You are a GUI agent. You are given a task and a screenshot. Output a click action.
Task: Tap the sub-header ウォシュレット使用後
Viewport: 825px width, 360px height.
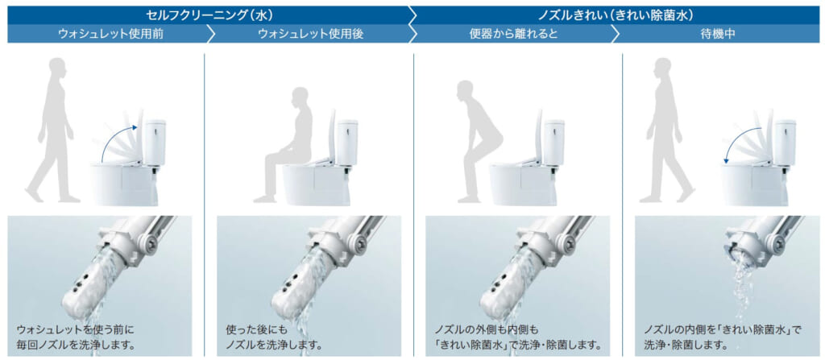[x=310, y=34]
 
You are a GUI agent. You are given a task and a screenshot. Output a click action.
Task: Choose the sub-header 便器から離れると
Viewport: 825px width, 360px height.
[x=513, y=34]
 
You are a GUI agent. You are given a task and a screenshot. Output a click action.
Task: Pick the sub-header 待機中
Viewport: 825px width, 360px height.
[x=718, y=34]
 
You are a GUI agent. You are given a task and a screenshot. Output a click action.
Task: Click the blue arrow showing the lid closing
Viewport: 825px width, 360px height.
[x=740, y=140]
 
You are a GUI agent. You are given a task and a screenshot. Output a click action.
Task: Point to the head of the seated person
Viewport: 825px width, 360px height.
[x=300, y=98]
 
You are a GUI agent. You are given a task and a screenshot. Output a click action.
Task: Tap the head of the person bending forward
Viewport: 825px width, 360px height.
[x=466, y=90]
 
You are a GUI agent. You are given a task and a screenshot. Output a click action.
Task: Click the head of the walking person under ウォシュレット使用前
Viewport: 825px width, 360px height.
[x=57, y=69]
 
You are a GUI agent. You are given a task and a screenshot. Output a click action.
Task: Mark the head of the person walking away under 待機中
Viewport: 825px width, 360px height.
[x=663, y=69]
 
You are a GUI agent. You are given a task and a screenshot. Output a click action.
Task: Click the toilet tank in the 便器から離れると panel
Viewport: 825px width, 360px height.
[x=554, y=142]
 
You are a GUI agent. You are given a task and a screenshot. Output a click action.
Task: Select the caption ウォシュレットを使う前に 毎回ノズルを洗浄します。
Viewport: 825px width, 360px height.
[x=77, y=337]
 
